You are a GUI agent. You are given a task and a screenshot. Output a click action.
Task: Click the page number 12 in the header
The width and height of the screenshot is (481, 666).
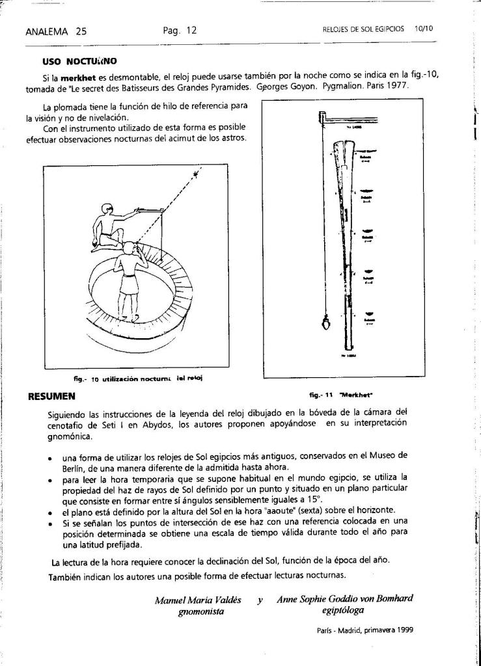tap(191, 30)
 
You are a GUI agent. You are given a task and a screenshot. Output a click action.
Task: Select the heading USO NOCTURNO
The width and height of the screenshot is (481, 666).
tap(79, 61)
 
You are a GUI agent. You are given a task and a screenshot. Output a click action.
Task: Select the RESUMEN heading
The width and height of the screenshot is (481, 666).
tap(52, 395)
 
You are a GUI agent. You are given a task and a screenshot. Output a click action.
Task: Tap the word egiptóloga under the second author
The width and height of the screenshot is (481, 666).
tap(342, 610)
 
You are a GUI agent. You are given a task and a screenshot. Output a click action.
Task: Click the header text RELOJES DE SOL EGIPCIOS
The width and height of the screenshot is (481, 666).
tap(363, 29)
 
